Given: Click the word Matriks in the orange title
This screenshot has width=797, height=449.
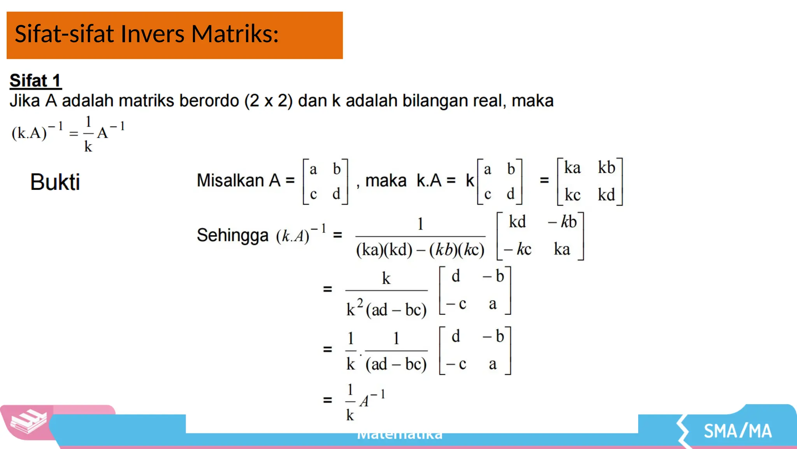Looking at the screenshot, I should click(x=235, y=34).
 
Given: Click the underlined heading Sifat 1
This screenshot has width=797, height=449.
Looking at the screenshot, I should click(x=35, y=81).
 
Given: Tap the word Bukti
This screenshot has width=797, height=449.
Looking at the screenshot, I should click(x=55, y=182).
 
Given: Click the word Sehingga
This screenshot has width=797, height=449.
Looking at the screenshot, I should click(x=232, y=235).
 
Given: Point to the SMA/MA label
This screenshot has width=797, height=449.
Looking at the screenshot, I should click(x=737, y=431).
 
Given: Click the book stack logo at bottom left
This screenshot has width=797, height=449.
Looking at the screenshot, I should click(x=28, y=422).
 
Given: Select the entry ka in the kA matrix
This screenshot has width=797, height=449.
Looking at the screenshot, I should click(x=572, y=168).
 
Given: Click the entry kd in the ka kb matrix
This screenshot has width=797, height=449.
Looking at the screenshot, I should click(x=606, y=194).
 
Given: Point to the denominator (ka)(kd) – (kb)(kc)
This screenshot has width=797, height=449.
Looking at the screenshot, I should click(x=420, y=250).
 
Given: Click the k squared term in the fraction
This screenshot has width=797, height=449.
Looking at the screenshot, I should click(x=354, y=308).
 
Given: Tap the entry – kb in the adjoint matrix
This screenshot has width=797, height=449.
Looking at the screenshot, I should click(x=562, y=222).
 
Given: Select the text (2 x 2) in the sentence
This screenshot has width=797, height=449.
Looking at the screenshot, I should click(x=268, y=101).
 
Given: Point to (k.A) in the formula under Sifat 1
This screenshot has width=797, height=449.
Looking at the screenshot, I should click(x=29, y=133).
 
